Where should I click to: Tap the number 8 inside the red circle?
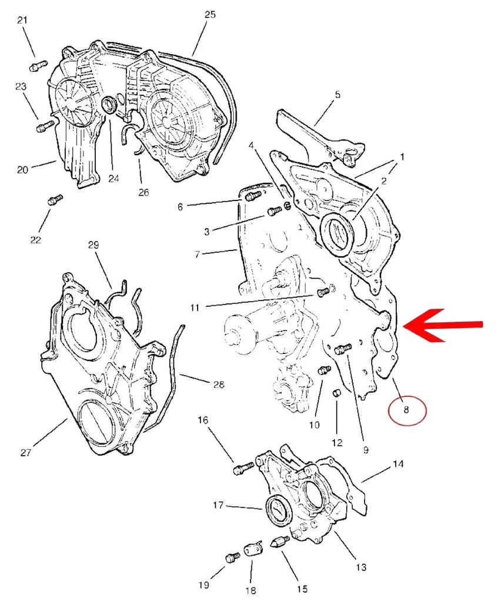pyautogui.click(x=406, y=410)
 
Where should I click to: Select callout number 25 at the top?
pyautogui.click(x=210, y=15)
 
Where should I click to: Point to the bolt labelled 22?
pyautogui.click(x=55, y=201)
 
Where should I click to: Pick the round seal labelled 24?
pyautogui.click(x=109, y=106)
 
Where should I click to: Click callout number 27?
pyautogui.click(x=25, y=453)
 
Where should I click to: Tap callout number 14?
pyautogui.click(x=398, y=464)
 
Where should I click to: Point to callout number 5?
pyautogui.click(x=337, y=94)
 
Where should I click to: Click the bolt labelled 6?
pyautogui.click(x=253, y=196)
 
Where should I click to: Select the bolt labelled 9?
pyautogui.click(x=342, y=349)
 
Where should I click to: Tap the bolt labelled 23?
pyautogui.click(x=45, y=125)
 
